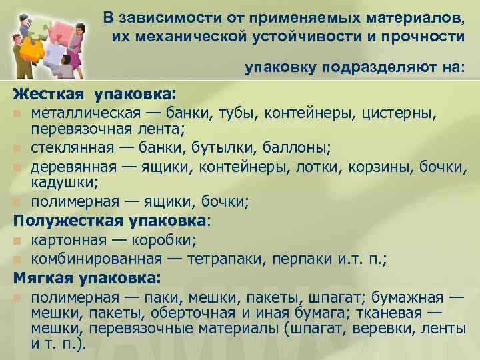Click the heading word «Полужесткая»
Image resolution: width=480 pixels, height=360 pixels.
66,221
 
